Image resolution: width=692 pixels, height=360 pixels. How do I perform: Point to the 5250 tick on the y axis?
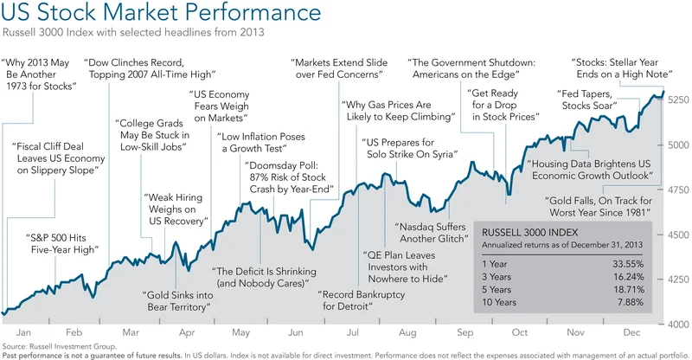pyautogui.click(x=677, y=100)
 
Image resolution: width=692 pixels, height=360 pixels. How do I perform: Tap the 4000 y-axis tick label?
pyautogui.click(x=677, y=324)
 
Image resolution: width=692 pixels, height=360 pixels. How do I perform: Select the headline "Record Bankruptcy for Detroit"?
pyautogui.click(x=356, y=299)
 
